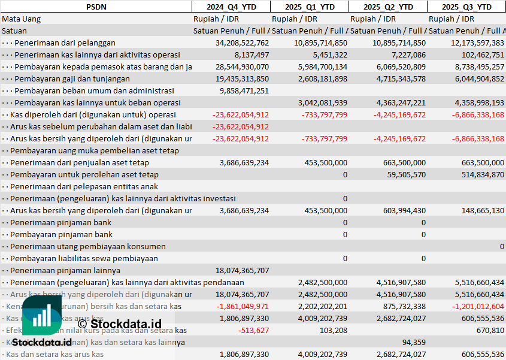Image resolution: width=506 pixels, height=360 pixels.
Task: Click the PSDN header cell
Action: pos(96,7)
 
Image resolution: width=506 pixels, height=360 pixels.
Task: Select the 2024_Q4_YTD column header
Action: pos(231,7)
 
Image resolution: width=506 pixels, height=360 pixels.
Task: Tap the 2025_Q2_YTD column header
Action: pos(388,7)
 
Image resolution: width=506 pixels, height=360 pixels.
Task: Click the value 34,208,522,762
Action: pos(242,43)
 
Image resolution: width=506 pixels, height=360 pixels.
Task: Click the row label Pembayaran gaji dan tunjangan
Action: pos(72,78)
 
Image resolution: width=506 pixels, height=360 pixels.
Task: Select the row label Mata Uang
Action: pos(21,19)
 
